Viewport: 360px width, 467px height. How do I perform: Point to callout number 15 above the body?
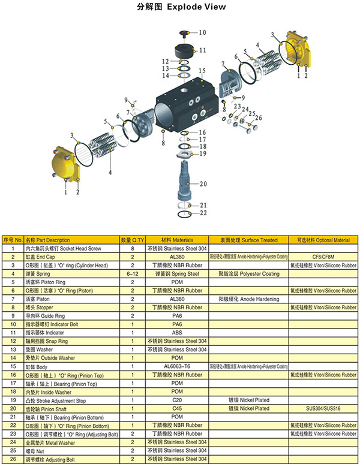tap(202, 71)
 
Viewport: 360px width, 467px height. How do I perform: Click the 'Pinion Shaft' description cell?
tap(51, 408)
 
